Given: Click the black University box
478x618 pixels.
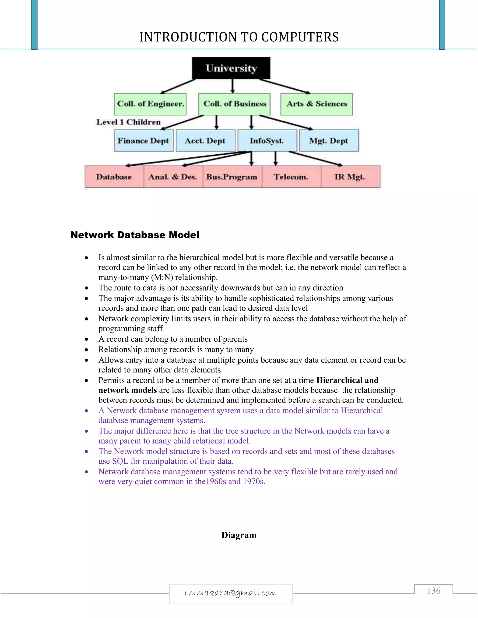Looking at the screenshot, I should pyautogui.click(x=231, y=68).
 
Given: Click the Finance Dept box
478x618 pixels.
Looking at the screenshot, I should pyautogui.click(x=144, y=141).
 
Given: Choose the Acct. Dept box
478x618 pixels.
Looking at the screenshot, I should pyautogui.click(x=205, y=141).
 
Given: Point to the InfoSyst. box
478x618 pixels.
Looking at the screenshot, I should pyautogui.click(x=267, y=141).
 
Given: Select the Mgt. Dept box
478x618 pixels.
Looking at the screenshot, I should pyautogui.click(x=329, y=141).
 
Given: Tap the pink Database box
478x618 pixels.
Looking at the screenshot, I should pyautogui.click(x=114, y=177).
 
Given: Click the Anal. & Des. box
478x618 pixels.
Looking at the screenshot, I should pyautogui.click(x=173, y=177).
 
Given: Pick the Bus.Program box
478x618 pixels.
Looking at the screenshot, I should pyautogui.click(x=232, y=177).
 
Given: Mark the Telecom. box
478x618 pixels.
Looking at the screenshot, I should pyautogui.click(x=291, y=177).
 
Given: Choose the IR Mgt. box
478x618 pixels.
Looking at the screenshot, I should pyautogui.click(x=350, y=177).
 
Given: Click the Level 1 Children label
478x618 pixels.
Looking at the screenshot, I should pyautogui.click(x=128, y=122).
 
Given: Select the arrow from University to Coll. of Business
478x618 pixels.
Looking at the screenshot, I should pyautogui.click(x=232, y=86).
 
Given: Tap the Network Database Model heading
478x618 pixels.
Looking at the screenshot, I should pyautogui.click(x=135, y=235).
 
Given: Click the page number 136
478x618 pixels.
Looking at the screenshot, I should pyautogui.click(x=434, y=591).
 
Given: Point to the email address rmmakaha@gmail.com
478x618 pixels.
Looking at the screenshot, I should pyautogui.click(x=231, y=593).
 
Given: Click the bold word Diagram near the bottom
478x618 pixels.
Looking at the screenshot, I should pyautogui.click(x=239, y=535).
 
